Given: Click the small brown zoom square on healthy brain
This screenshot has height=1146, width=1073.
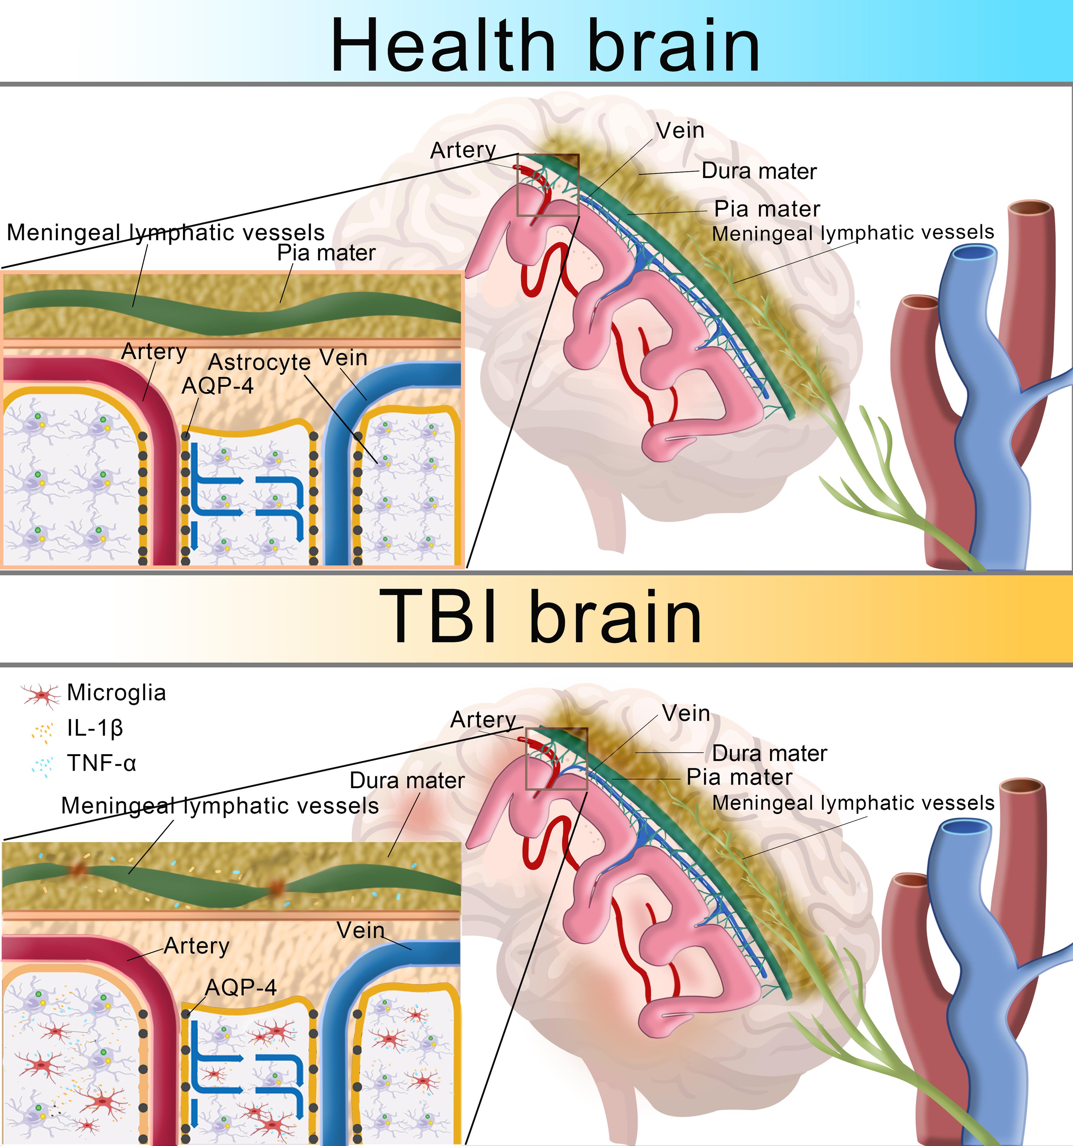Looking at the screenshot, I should [548, 185].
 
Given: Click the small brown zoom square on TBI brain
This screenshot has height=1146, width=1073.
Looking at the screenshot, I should [556, 759].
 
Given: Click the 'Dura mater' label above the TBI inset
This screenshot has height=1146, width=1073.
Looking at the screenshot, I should [407, 781].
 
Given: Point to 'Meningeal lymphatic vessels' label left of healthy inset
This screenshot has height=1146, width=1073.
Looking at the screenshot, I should [165, 232].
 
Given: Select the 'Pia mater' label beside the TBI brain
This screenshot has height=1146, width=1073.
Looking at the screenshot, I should [739, 777].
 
